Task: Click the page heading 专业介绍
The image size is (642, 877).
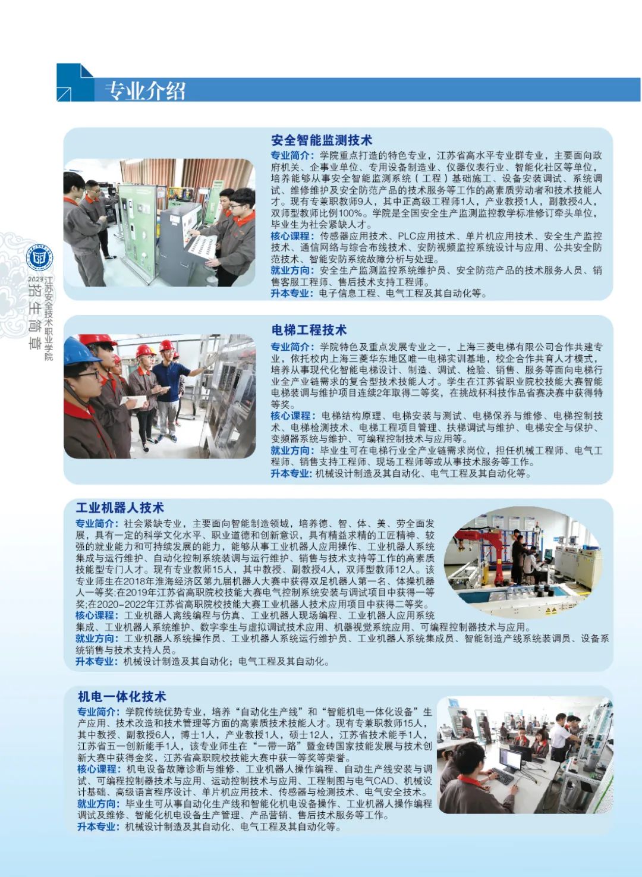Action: coord(145,91)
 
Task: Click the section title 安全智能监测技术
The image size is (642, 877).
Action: coord(322,140)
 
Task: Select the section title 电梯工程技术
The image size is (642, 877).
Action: coord(309,329)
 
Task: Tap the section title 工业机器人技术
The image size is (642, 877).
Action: coord(119,508)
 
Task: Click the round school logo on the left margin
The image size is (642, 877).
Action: coord(39,259)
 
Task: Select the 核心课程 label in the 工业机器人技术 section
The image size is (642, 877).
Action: coord(95,615)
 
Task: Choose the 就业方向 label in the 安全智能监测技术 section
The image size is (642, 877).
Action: coord(290,270)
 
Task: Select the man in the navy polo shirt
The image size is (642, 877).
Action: coord(168,395)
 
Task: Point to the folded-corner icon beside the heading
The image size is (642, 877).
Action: coord(75,82)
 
